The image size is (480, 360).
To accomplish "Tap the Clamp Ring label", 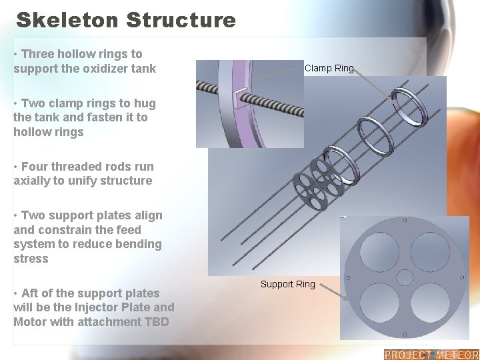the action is [x=329, y=68].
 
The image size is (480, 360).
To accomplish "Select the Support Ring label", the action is [x=287, y=284].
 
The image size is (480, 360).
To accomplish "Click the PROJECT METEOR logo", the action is [x=431, y=355].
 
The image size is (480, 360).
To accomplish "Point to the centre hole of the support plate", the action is [x=405, y=277].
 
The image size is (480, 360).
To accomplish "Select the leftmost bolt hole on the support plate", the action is [x=348, y=277].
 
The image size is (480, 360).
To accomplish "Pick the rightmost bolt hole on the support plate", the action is [x=461, y=277].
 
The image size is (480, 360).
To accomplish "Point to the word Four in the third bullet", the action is [x=35, y=167].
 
